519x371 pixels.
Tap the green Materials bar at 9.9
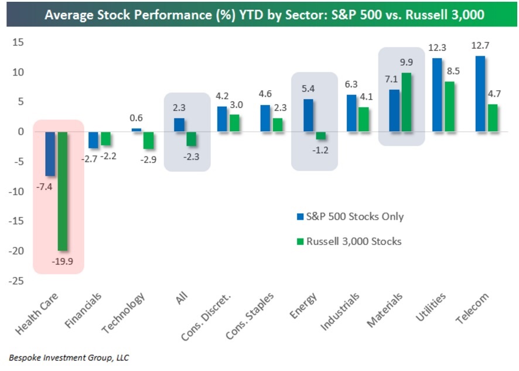[x=406, y=103]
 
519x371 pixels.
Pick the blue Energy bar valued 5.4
[x=308, y=115]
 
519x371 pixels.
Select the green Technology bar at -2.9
[x=148, y=141]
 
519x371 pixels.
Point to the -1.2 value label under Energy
[x=321, y=150]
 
